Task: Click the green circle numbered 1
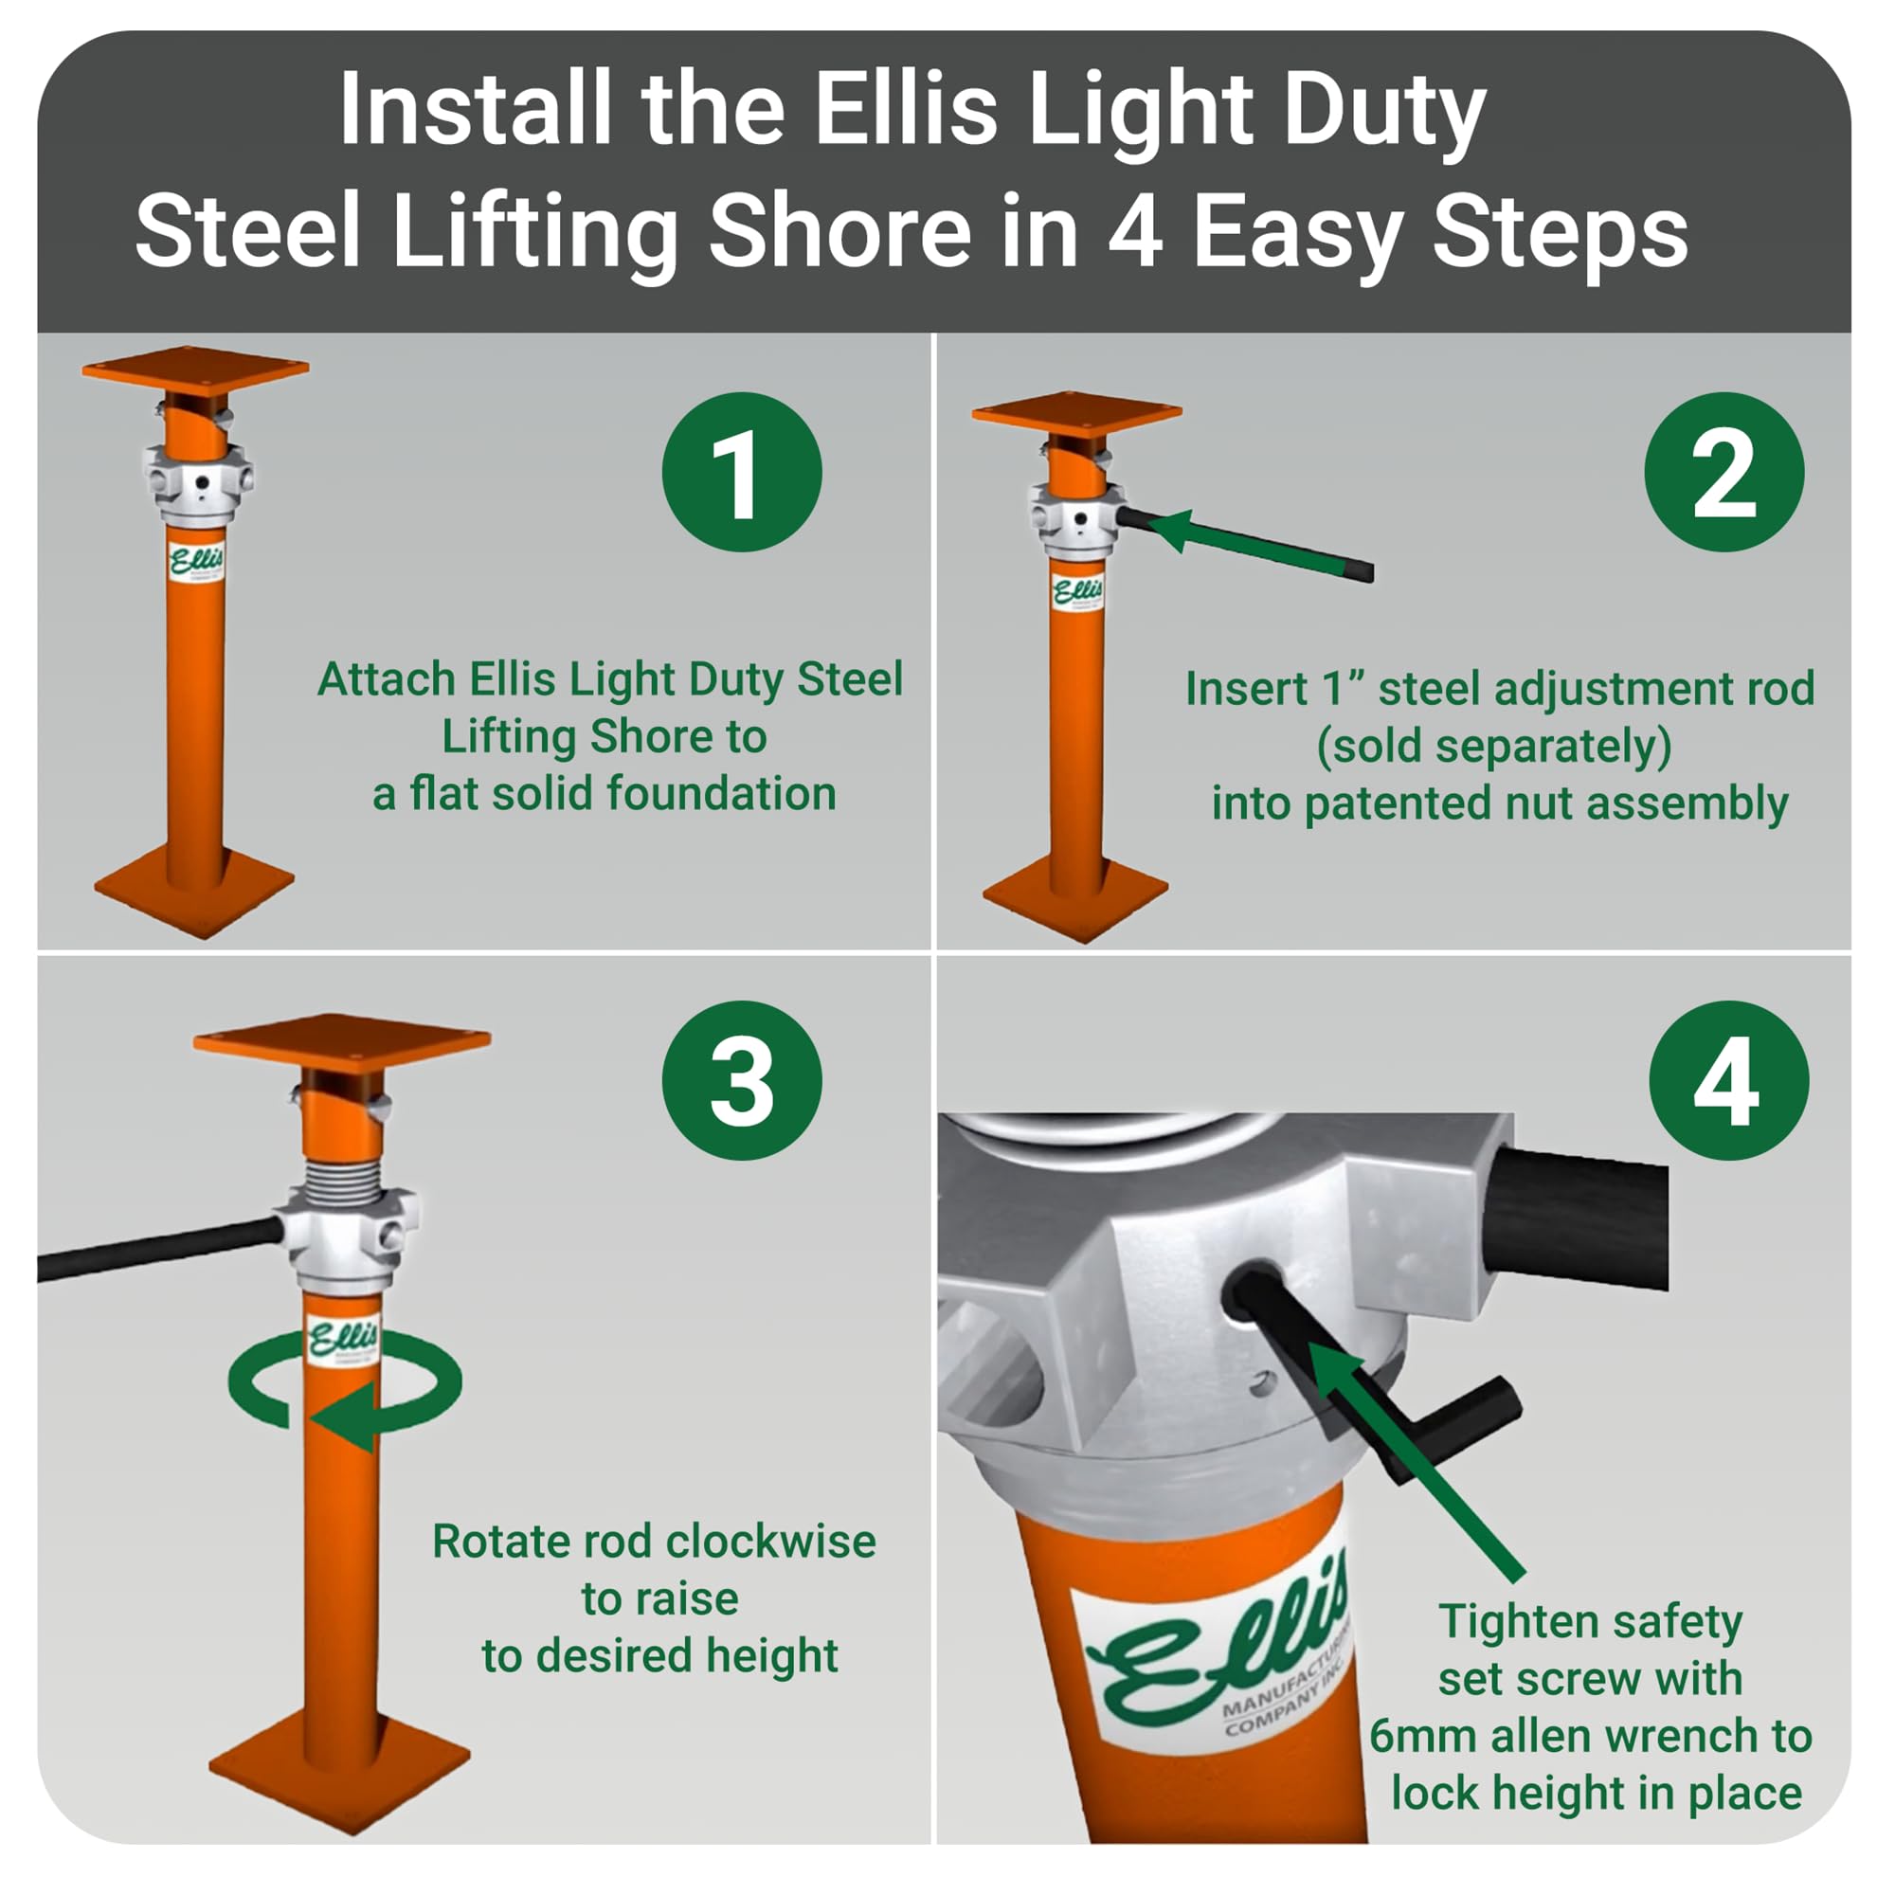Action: click(x=742, y=472)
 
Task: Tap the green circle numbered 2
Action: click(x=1724, y=472)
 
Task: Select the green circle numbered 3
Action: click(x=742, y=1080)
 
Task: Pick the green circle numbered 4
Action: click(x=1728, y=1080)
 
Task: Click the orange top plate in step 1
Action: click(x=195, y=370)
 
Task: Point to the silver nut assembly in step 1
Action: click(x=198, y=482)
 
